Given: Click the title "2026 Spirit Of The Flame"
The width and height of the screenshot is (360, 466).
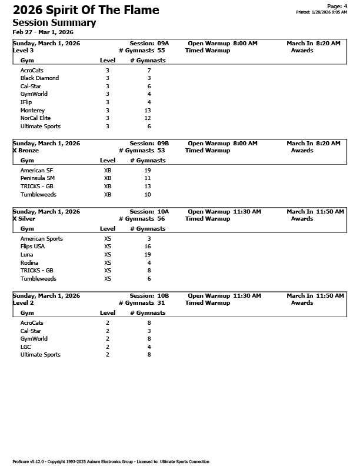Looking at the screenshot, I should [x=86, y=10].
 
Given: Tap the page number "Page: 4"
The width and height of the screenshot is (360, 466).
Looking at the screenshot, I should [x=337, y=6].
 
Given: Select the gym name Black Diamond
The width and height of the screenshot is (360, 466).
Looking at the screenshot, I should [x=39, y=78].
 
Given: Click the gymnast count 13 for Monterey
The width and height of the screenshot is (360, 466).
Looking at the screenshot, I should [x=147, y=111].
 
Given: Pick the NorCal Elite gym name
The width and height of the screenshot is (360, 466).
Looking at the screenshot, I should [x=35, y=118].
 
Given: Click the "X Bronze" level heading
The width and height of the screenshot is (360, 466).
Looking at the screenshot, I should [x=25, y=151].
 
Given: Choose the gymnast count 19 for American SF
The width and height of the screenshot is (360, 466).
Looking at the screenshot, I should [x=147, y=171].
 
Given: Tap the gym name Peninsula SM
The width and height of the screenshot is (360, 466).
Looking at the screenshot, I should [x=37, y=178].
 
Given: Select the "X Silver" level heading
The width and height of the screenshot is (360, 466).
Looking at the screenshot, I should [x=24, y=219].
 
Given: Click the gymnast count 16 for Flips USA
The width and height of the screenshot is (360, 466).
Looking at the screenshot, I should [x=147, y=247].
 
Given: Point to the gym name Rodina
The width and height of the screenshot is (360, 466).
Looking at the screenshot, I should [x=29, y=263].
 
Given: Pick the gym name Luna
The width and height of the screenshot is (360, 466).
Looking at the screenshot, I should [x=26, y=255].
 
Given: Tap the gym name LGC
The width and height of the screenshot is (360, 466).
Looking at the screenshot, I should [x=26, y=347].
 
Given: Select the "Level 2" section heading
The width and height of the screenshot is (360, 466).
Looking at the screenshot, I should [x=23, y=303].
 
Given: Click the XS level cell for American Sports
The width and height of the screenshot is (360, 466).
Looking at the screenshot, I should [x=108, y=239].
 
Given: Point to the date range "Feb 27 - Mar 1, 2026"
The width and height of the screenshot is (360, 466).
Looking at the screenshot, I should [x=43, y=32].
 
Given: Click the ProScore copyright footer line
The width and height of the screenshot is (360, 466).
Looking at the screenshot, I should [x=111, y=462].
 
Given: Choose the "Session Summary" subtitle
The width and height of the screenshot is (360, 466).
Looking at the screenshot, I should [x=54, y=22].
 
